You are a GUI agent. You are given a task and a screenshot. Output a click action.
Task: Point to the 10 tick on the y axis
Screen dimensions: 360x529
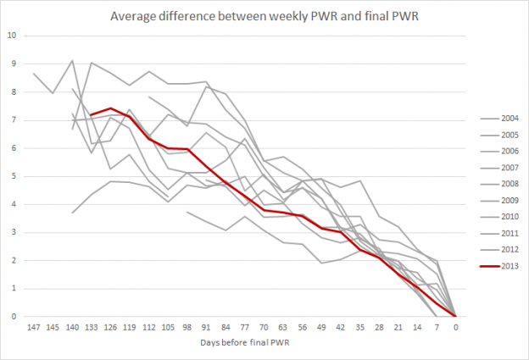(12, 36)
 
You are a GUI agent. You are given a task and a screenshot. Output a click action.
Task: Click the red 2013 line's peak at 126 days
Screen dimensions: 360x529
(111, 108)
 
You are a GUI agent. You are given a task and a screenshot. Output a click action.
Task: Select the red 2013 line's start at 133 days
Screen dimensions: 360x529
(92, 114)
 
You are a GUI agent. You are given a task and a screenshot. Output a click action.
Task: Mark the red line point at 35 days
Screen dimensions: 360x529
(360, 249)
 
